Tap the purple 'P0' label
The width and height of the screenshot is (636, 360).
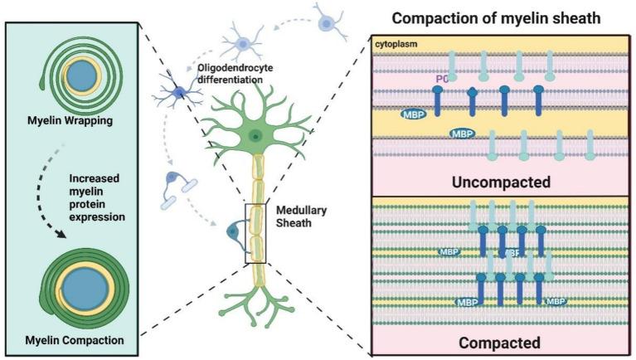point(442,79)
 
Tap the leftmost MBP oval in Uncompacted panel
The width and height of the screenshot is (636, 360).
point(416,112)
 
